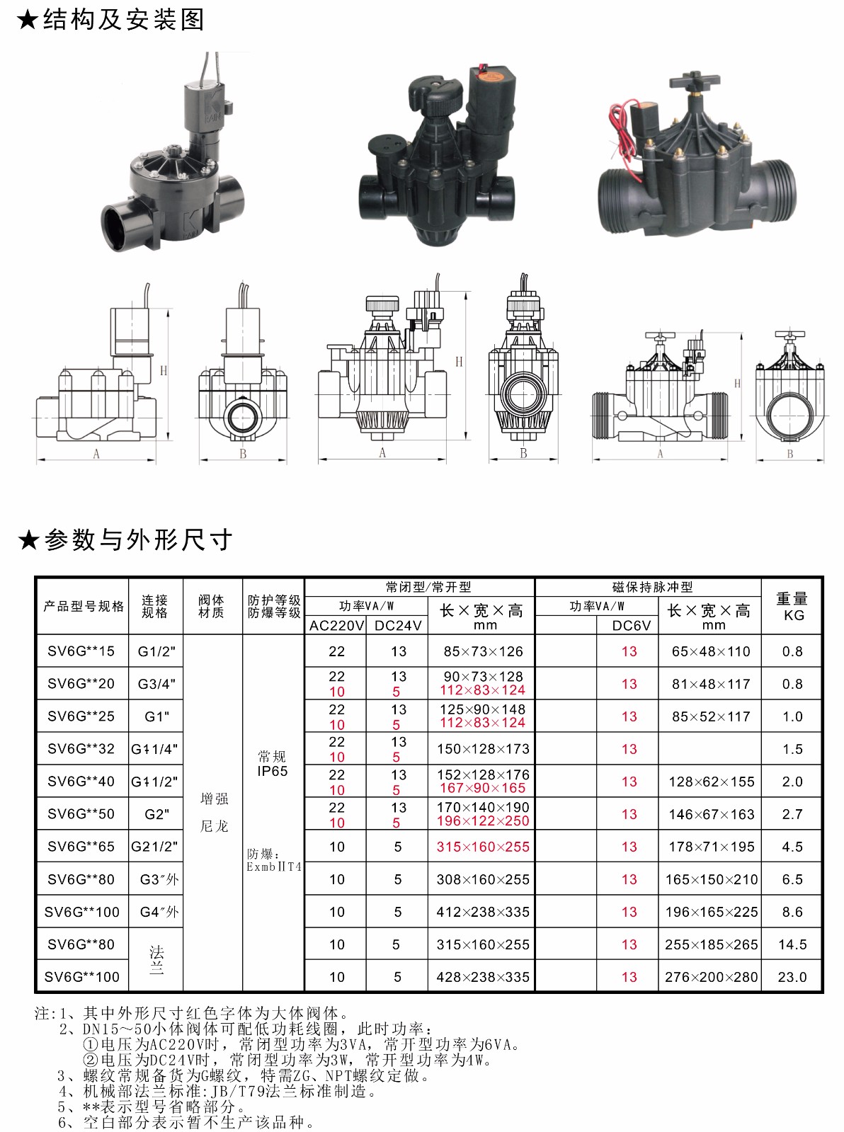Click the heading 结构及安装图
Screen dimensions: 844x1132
(x=124, y=20)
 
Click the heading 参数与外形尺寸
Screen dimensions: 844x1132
(x=137, y=540)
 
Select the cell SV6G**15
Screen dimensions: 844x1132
(x=81, y=651)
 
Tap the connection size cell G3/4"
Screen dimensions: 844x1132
(x=156, y=684)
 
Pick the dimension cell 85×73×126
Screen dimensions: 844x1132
(x=483, y=651)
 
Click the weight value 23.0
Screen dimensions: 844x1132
(x=792, y=977)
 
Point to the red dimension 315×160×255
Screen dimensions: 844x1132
(x=483, y=846)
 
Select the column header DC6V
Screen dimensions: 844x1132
(x=631, y=626)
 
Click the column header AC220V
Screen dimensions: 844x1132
(x=336, y=626)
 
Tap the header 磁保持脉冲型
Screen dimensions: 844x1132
(x=652, y=587)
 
